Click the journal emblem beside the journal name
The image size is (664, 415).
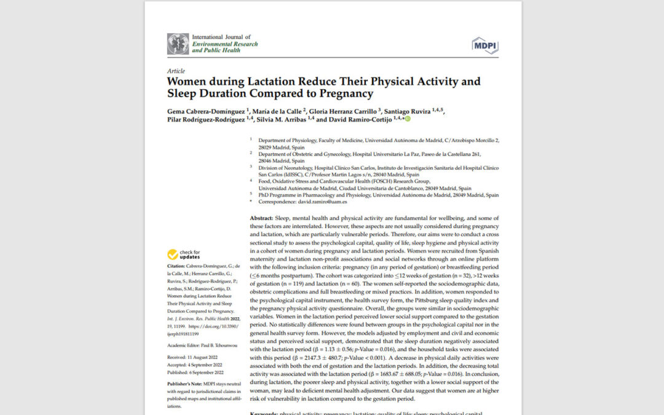coord(178,44)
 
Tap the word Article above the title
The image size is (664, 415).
coord(176,71)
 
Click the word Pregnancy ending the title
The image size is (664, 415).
coord(346,94)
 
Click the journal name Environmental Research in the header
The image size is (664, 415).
coord(225,44)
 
